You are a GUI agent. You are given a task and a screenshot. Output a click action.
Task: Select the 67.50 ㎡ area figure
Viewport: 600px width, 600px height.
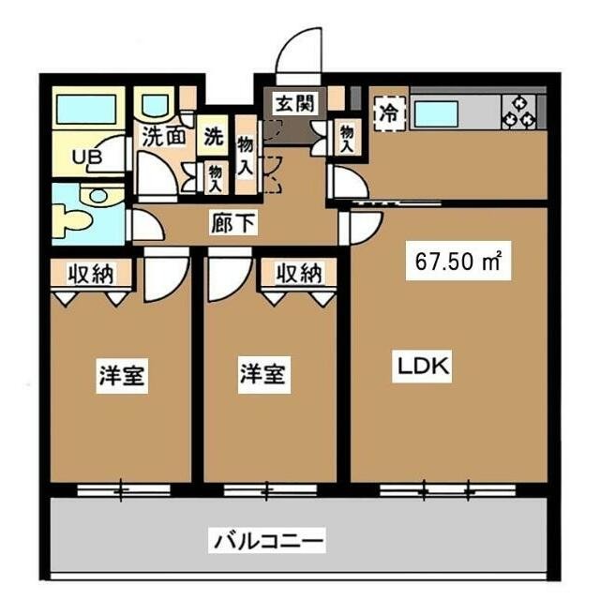point(457,262)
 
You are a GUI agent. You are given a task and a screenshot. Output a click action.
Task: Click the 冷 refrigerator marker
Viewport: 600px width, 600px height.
point(387,111)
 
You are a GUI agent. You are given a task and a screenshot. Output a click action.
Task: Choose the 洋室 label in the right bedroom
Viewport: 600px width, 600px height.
point(262,374)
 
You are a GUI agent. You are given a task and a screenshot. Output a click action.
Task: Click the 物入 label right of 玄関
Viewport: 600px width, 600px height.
point(347,138)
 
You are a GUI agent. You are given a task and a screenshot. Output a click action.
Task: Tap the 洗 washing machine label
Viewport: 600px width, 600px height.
point(215,135)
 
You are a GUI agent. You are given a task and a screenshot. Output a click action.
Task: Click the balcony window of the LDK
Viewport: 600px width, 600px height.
point(436,488)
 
